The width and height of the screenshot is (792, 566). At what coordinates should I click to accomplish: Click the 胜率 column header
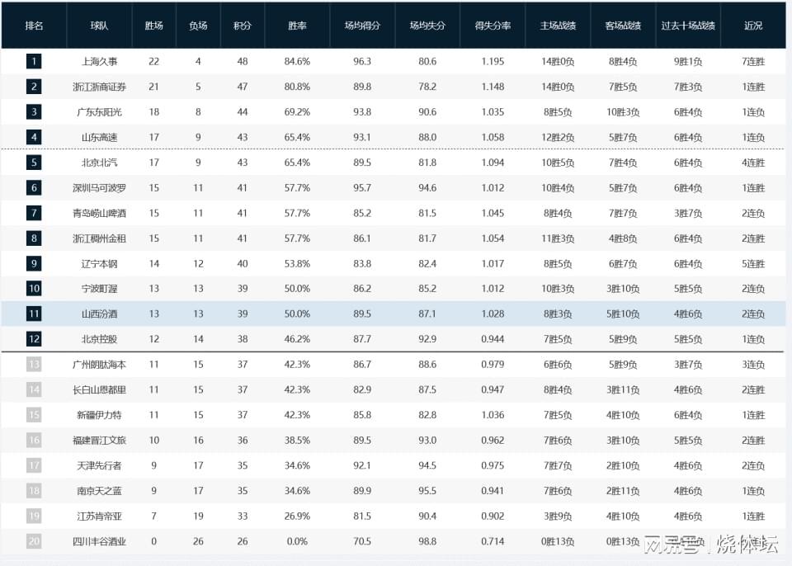pyautogui.click(x=297, y=26)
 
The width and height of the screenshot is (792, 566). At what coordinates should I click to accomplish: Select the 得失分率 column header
pyautogui.click(x=493, y=26)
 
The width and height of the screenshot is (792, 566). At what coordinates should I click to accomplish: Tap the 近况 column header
pyautogui.click(x=753, y=26)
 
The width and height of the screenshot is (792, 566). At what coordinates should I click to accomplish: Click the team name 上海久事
pyautogui.click(x=99, y=62)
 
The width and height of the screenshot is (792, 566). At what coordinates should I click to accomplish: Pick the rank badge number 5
pyautogui.click(x=34, y=163)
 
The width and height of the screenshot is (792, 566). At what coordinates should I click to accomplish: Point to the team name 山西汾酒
pyautogui.click(x=99, y=314)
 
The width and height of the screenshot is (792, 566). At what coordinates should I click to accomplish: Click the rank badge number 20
pyautogui.click(x=34, y=541)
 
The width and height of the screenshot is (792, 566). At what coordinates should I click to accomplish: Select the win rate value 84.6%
pyautogui.click(x=297, y=62)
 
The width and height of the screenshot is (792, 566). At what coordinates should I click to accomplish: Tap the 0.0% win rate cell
pyautogui.click(x=297, y=541)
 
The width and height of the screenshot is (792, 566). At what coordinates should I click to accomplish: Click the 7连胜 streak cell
pyautogui.click(x=753, y=62)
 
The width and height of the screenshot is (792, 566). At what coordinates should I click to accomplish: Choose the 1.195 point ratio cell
pyautogui.click(x=493, y=62)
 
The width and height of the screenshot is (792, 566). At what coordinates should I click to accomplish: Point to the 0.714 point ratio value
pyautogui.click(x=493, y=541)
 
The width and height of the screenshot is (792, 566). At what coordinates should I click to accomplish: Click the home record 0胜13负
pyautogui.click(x=558, y=541)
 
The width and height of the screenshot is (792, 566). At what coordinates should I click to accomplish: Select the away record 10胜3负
pyautogui.click(x=623, y=112)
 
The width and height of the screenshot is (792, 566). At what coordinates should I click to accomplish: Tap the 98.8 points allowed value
pyautogui.click(x=427, y=541)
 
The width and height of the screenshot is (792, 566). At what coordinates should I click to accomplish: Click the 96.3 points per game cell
pyautogui.click(x=362, y=62)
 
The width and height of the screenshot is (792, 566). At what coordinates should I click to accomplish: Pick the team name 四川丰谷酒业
pyautogui.click(x=99, y=541)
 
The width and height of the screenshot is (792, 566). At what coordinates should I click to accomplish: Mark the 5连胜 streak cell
pyautogui.click(x=753, y=264)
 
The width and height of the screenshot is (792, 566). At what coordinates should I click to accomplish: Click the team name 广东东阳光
pyautogui.click(x=99, y=112)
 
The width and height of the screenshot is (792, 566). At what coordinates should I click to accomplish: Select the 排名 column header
pyautogui.click(x=34, y=26)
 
